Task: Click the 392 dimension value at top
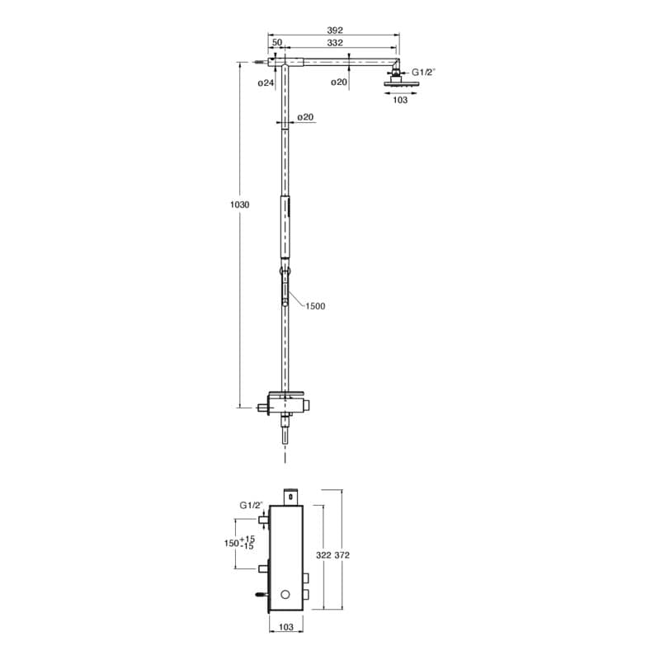[x=335, y=31]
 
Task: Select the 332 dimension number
[x=335, y=43]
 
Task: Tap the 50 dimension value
[x=277, y=43]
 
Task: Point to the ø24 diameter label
[x=266, y=83]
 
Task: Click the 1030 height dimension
[x=239, y=205]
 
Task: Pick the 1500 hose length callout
[x=315, y=306]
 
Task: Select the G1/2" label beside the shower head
[x=423, y=72]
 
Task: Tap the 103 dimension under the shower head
[x=400, y=100]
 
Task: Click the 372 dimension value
[x=342, y=555]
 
